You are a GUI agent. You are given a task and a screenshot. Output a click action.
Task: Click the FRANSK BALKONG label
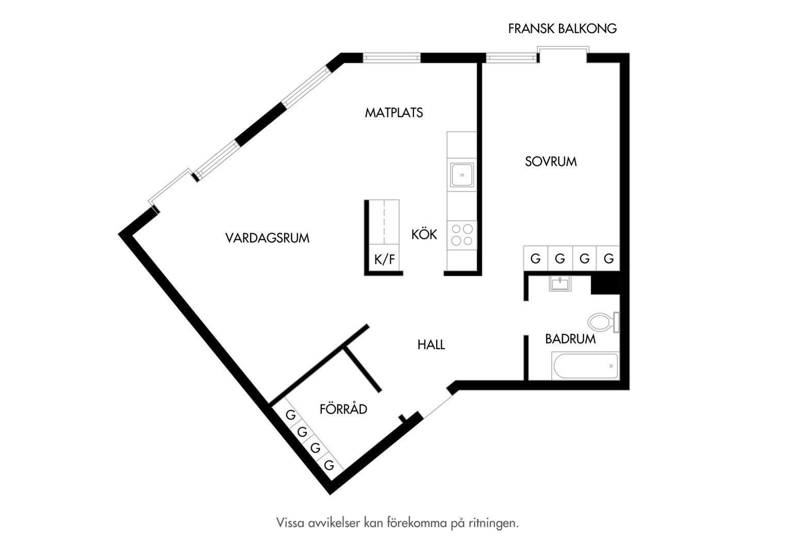(562, 28)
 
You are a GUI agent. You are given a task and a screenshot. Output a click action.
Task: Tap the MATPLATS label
(393, 112)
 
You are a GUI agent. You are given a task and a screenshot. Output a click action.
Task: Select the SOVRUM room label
(551, 161)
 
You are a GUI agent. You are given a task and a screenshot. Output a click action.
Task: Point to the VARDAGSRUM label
(267, 238)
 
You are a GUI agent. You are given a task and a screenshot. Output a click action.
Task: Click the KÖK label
(424, 234)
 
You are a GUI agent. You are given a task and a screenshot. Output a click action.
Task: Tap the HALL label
(431, 345)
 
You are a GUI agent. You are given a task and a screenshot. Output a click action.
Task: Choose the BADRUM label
(570, 339)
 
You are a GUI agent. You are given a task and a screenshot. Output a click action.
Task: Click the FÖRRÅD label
(343, 409)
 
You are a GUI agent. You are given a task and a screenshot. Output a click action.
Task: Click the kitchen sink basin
(462, 175)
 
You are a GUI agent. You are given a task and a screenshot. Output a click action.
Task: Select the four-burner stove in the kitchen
(462, 235)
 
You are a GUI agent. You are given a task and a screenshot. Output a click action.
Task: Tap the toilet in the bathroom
(603, 322)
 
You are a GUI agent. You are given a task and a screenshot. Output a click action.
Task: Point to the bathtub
(585, 366)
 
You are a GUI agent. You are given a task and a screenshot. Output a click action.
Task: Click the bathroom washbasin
(560, 284)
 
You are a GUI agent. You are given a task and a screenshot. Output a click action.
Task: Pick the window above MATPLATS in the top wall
(391, 58)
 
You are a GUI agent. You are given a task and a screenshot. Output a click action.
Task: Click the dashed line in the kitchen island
(384, 222)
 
